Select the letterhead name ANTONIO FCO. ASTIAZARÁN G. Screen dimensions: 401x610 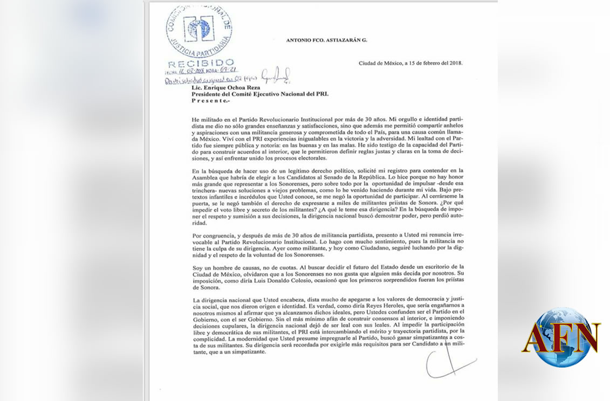point(327,40)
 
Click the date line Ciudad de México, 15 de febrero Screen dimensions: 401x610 point(410,63)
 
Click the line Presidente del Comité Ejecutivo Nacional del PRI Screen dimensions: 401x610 point(260,93)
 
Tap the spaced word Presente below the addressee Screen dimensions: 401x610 point(210,100)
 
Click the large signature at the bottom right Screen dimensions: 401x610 point(449,362)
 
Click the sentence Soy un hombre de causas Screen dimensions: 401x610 point(232,267)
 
